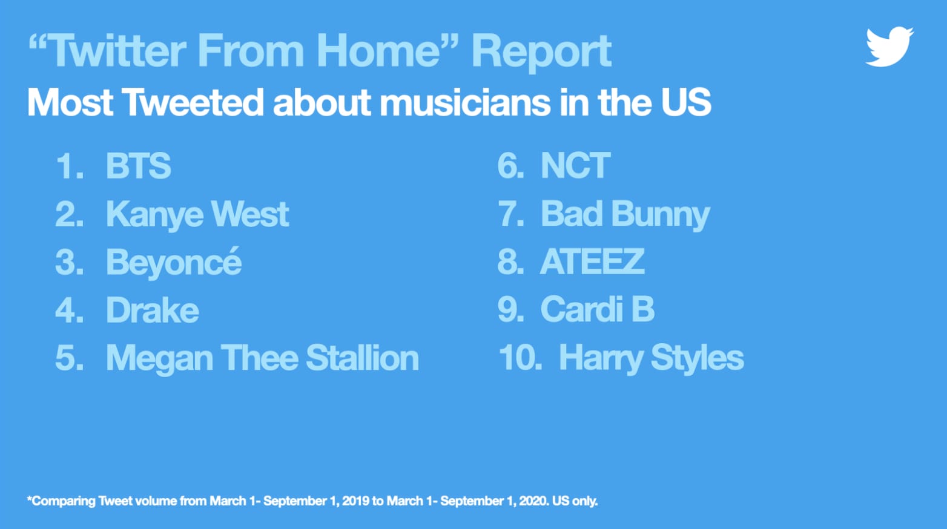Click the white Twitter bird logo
(889, 47)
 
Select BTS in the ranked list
(138, 166)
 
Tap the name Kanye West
(197, 215)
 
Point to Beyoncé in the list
(174, 262)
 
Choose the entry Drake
(152, 310)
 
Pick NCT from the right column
(575, 166)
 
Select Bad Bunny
(625, 215)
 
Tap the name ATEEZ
(592, 262)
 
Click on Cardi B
(598, 309)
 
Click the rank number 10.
(520, 358)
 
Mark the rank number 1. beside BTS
(70, 166)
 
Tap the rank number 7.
(510, 214)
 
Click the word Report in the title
(541, 52)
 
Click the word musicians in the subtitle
(466, 102)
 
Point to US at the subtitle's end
(686, 102)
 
